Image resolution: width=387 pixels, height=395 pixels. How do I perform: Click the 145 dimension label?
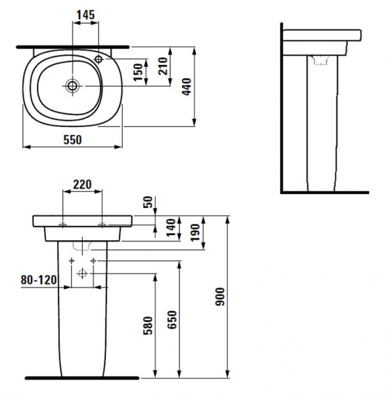86,15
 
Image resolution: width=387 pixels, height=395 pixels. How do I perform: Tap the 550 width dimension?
73,140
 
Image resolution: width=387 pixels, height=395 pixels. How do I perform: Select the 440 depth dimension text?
187,87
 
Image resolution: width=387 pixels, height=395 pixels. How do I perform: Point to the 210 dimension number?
163,66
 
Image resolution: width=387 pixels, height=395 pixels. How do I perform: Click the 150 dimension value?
138,72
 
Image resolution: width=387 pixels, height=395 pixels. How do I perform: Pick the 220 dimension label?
83,184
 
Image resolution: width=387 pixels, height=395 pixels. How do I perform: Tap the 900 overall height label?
220,297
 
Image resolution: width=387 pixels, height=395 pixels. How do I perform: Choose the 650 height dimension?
172,320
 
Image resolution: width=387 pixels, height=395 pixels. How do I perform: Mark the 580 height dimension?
148,325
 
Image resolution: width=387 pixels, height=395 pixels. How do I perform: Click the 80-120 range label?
39,280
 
